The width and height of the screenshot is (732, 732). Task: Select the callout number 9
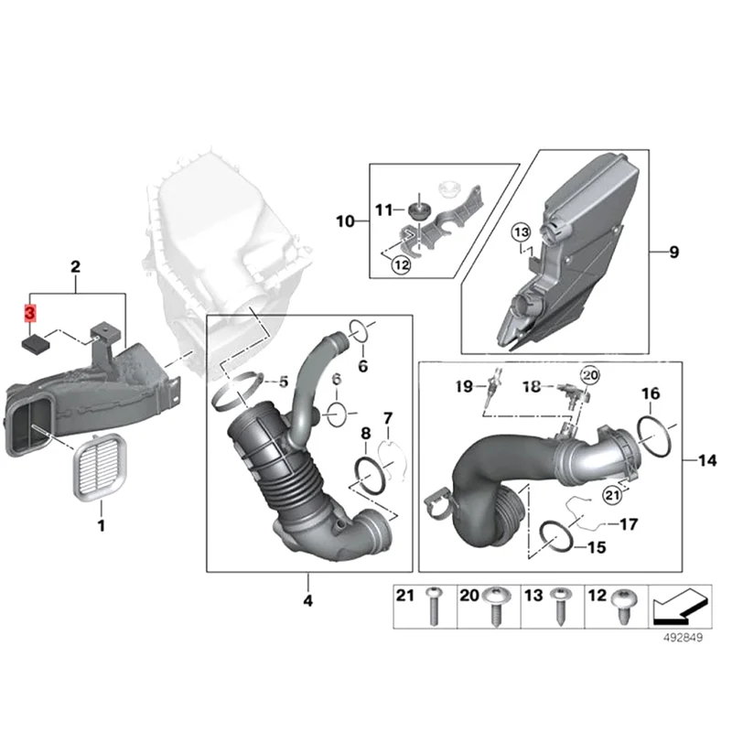point(673,253)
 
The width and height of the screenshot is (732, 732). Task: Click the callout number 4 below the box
point(307,601)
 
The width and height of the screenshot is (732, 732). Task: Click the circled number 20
point(589,375)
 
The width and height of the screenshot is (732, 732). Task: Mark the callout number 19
point(464,387)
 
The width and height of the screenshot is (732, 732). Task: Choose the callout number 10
point(344,221)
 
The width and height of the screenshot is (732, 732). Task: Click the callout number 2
point(76,267)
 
